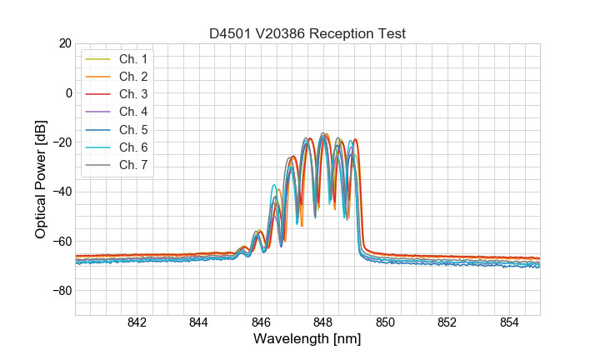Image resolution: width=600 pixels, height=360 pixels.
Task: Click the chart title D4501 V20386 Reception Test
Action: [x=307, y=33]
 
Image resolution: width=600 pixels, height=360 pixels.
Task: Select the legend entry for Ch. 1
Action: [x=132, y=59]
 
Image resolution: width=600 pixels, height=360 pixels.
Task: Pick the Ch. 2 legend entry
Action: [x=132, y=77]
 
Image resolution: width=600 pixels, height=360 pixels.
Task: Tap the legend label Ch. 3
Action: [x=132, y=94]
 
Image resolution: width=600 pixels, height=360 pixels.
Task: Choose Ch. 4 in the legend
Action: [x=132, y=112]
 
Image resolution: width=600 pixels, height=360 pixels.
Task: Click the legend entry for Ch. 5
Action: [x=132, y=129]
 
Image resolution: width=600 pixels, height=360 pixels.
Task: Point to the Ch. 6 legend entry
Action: [x=132, y=147]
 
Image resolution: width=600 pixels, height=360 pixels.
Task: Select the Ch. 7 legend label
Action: [x=132, y=164]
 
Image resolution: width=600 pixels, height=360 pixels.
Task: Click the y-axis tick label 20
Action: [x=64, y=43]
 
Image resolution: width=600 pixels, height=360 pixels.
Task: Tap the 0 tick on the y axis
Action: [x=68, y=92]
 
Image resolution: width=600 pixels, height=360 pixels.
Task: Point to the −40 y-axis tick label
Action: [x=60, y=192]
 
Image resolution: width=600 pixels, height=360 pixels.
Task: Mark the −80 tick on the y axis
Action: [x=60, y=291]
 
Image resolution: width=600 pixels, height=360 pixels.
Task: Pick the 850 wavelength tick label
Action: [x=385, y=323]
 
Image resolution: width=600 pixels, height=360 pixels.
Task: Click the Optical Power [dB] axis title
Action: [x=40, y=179]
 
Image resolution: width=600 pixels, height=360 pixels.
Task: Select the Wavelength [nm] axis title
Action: [x=307, y=340]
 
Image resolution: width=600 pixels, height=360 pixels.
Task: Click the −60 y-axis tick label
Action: [x=60, y=242]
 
